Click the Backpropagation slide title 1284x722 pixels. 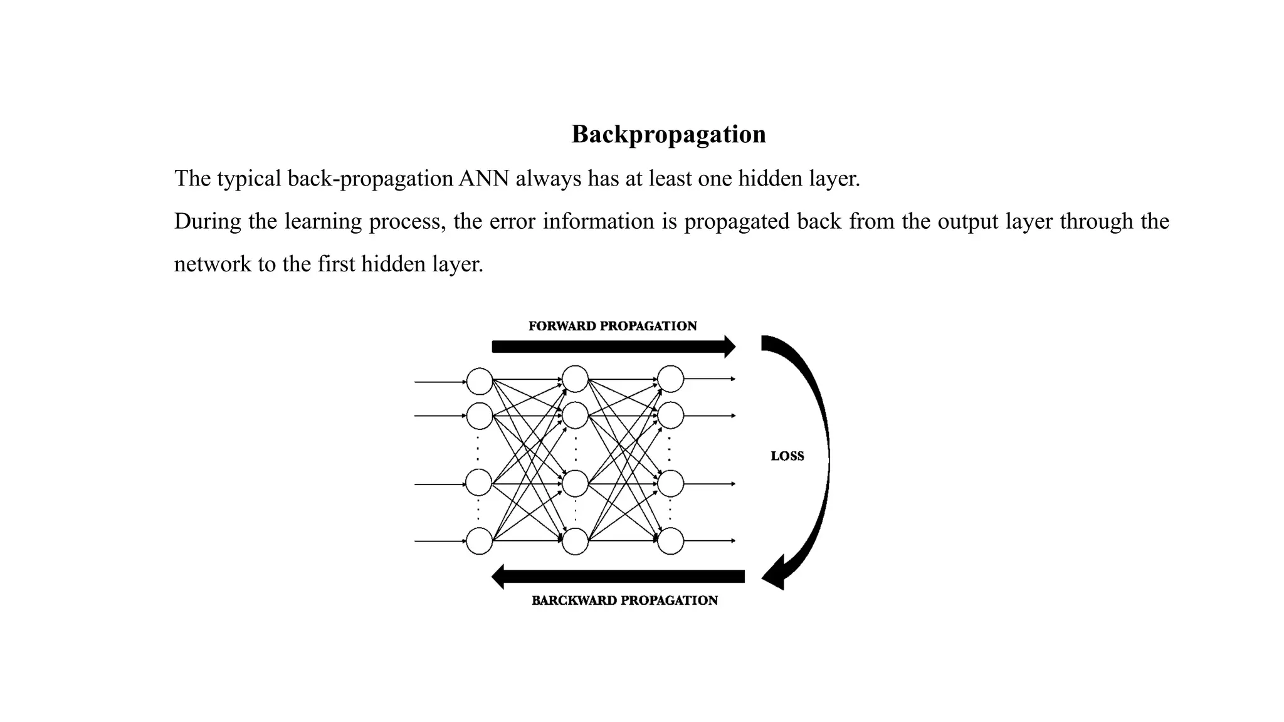coord(668,134)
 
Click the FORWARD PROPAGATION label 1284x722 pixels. coord(613,326)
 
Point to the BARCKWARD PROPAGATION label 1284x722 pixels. coord(624,600)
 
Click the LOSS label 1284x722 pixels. coord(787,456)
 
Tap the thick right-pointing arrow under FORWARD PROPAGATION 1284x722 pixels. coord(611,347)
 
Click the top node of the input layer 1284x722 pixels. coord(480,382)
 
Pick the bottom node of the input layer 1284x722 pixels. coord(480,541)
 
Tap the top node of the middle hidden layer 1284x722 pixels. coord(575,379)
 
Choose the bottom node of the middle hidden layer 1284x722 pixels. coord(575,541)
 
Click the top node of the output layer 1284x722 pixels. coord(670,379)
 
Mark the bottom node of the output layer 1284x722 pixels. coord(670,541)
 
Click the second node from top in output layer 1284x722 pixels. coord(670,416)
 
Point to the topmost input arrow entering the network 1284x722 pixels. coord(439,382)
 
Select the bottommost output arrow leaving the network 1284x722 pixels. coord(708,541)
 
